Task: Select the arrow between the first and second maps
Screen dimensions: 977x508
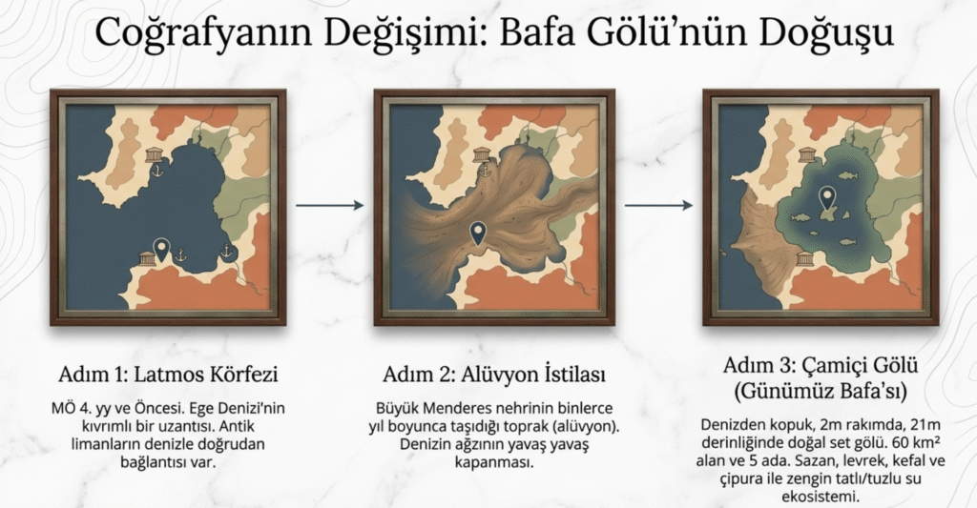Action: (329, 205)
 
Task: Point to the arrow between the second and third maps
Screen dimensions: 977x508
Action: (658, 205)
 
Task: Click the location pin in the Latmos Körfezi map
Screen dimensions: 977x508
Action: (162, 250)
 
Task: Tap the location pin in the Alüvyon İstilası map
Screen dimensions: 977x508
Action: (478, 233)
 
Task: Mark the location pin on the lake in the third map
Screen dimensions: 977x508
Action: (827, 198)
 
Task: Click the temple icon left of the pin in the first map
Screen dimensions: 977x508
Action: (147, 258)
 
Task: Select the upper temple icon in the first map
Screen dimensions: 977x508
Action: (154, 155)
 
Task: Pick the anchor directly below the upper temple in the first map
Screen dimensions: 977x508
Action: (158, 170)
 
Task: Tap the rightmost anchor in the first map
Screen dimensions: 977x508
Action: (226, 252)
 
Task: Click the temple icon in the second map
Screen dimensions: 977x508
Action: (481, 155)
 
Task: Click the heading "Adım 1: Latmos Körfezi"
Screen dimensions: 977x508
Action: (168, 375)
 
